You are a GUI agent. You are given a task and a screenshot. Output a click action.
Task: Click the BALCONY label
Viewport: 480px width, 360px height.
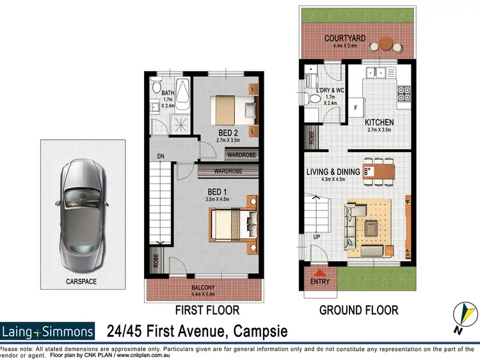203,288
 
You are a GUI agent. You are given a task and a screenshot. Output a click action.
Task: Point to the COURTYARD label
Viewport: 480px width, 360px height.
344,38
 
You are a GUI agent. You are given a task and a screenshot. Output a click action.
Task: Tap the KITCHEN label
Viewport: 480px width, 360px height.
379,123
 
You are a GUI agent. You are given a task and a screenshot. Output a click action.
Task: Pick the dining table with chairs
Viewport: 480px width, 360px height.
378,171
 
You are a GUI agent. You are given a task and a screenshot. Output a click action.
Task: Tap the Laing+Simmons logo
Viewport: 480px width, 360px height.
48,331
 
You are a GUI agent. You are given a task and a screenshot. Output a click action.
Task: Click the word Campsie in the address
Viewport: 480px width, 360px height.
253,331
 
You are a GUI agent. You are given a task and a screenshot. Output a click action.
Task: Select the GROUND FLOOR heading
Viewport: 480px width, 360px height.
358,310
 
